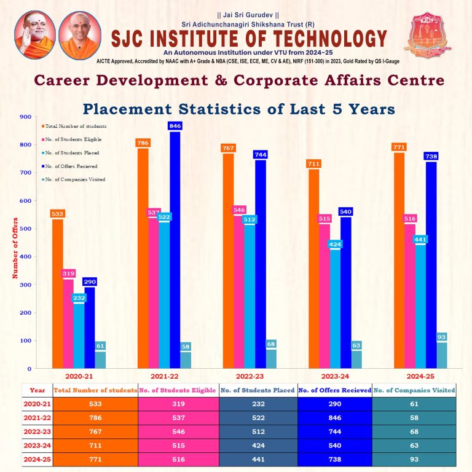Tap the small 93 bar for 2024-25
(x=441, y=355)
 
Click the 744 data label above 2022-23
(x=261, y=155)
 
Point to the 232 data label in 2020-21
(x=79, y=297)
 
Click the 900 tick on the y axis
(x=25, y=117)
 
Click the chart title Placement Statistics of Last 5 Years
(x=238, y=109)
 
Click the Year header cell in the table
(x=37, y=390)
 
